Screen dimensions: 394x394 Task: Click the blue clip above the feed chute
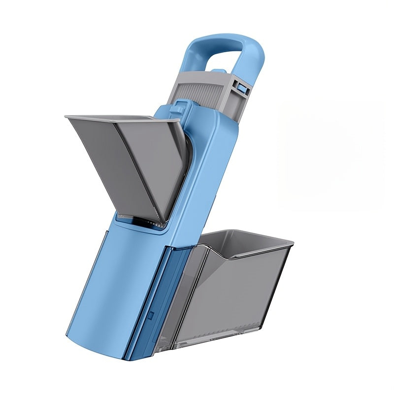181,108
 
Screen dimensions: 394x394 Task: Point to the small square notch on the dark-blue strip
152,314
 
